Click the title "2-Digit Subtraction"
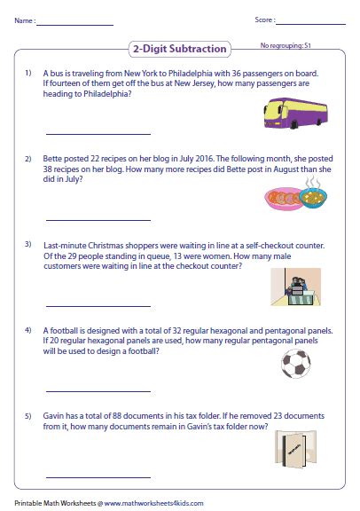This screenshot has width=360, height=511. (179, 49)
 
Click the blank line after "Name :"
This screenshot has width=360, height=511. (75, 22)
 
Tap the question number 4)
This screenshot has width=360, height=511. (28, 329)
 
